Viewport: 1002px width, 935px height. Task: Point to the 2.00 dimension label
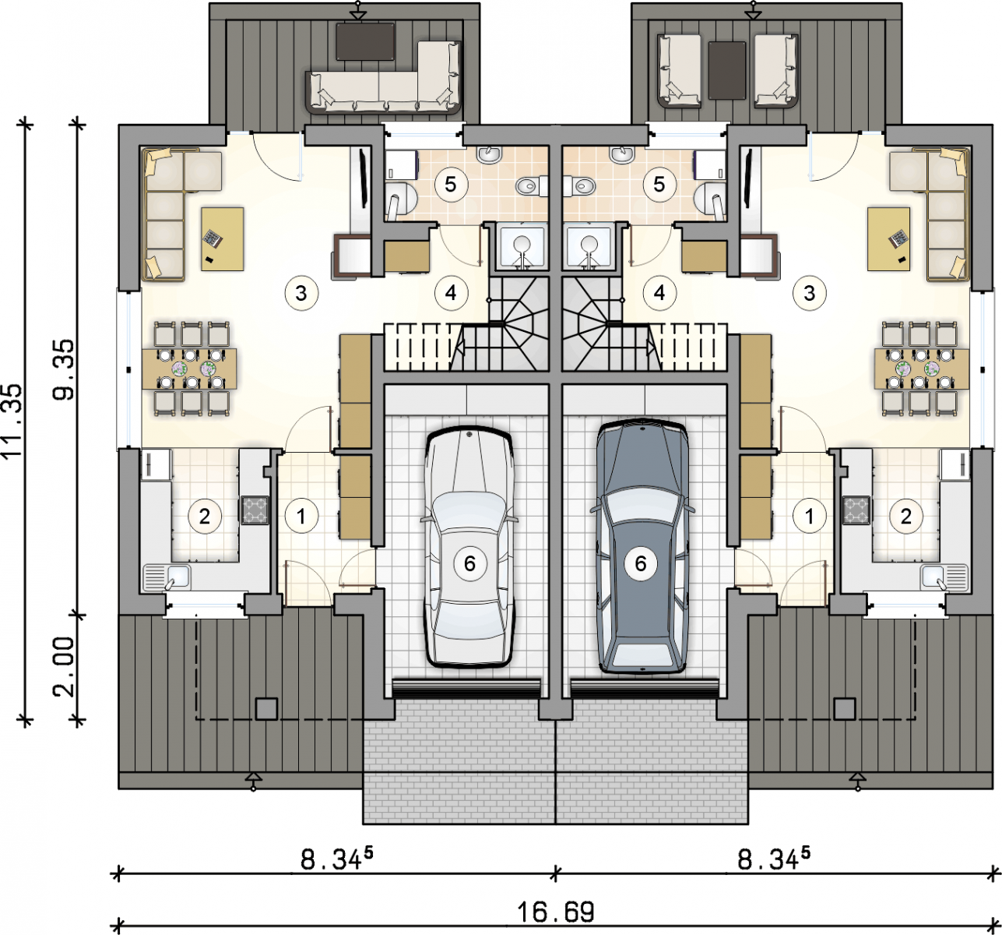click(65, 666)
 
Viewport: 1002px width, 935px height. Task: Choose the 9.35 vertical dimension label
click(65, 369)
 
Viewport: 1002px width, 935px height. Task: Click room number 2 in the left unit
click(204, 517)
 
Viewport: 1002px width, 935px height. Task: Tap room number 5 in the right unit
click(659, 185)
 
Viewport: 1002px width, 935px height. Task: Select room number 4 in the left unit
click(451, 292)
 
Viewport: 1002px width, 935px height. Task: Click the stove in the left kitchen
click(255, 510)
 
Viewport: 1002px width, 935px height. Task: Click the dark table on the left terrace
click(365, 41)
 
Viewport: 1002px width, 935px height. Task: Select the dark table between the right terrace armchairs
click(726, 70)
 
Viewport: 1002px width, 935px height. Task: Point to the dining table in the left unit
click(188, 369)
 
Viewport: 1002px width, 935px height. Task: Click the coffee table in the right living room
click(889, 239)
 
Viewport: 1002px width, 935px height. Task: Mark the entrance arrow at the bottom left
click(253, 779)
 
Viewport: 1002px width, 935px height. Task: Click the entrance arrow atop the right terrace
click(754, 11)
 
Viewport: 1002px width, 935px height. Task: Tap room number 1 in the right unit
click(809, 517)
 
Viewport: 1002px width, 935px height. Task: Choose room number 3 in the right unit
click(809, 292)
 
